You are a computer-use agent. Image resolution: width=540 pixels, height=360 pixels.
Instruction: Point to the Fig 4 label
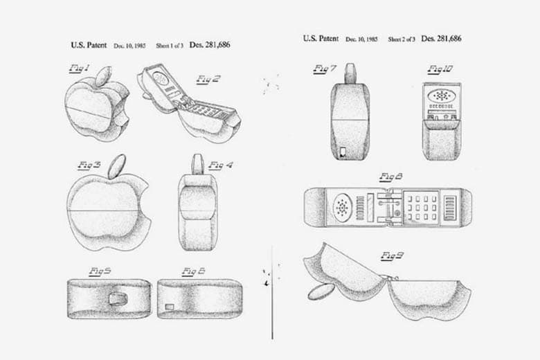click(221, 165)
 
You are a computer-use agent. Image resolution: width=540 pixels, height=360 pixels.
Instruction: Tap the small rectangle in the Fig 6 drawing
click(170, 305)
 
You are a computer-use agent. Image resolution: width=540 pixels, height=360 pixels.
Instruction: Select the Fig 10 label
click(439, 69)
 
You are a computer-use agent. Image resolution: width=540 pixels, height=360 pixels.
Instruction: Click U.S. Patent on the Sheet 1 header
click(89, 45)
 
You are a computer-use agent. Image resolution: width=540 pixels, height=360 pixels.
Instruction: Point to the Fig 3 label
click(89, 165)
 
